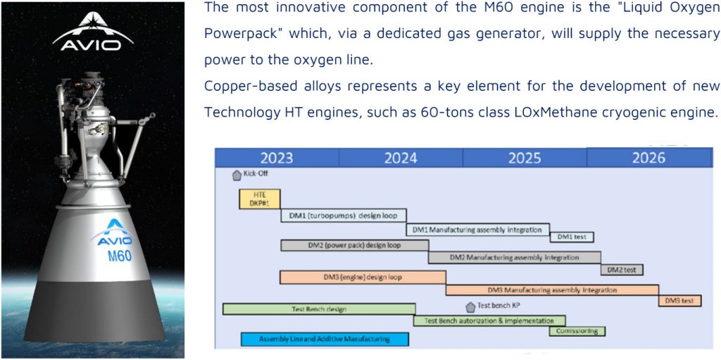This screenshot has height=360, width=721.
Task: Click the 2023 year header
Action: tap(277, 158)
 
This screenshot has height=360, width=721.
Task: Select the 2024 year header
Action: tap(401, 158)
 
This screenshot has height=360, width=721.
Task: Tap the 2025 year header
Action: tap(525, 158)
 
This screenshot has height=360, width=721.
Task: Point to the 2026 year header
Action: tap(649, 157)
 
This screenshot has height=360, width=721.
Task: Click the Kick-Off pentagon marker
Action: tap(237, 175)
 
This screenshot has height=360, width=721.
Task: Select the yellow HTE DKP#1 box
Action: tap(259, 199)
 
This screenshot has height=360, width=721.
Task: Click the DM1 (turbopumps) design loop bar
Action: tap(344, 216)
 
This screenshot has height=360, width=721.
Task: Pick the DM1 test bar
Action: tap(572, 237)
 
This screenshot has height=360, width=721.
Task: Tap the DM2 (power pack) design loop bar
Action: tap(355, 245)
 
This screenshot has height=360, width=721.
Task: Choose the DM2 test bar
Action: tap(622, 270)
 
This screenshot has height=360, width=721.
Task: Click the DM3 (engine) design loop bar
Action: tap(363, 278)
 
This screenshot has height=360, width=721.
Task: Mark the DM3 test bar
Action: tap(679, 301)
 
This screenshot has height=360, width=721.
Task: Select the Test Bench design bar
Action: tap(319, 309)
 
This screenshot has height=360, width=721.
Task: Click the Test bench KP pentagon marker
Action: tap(470, 306)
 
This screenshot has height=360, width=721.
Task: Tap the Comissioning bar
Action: tap(577, 331)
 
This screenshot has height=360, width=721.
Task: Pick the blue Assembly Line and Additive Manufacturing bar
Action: tap(325, 340)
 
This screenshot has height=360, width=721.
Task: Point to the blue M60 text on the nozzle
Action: tap(120, 256)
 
